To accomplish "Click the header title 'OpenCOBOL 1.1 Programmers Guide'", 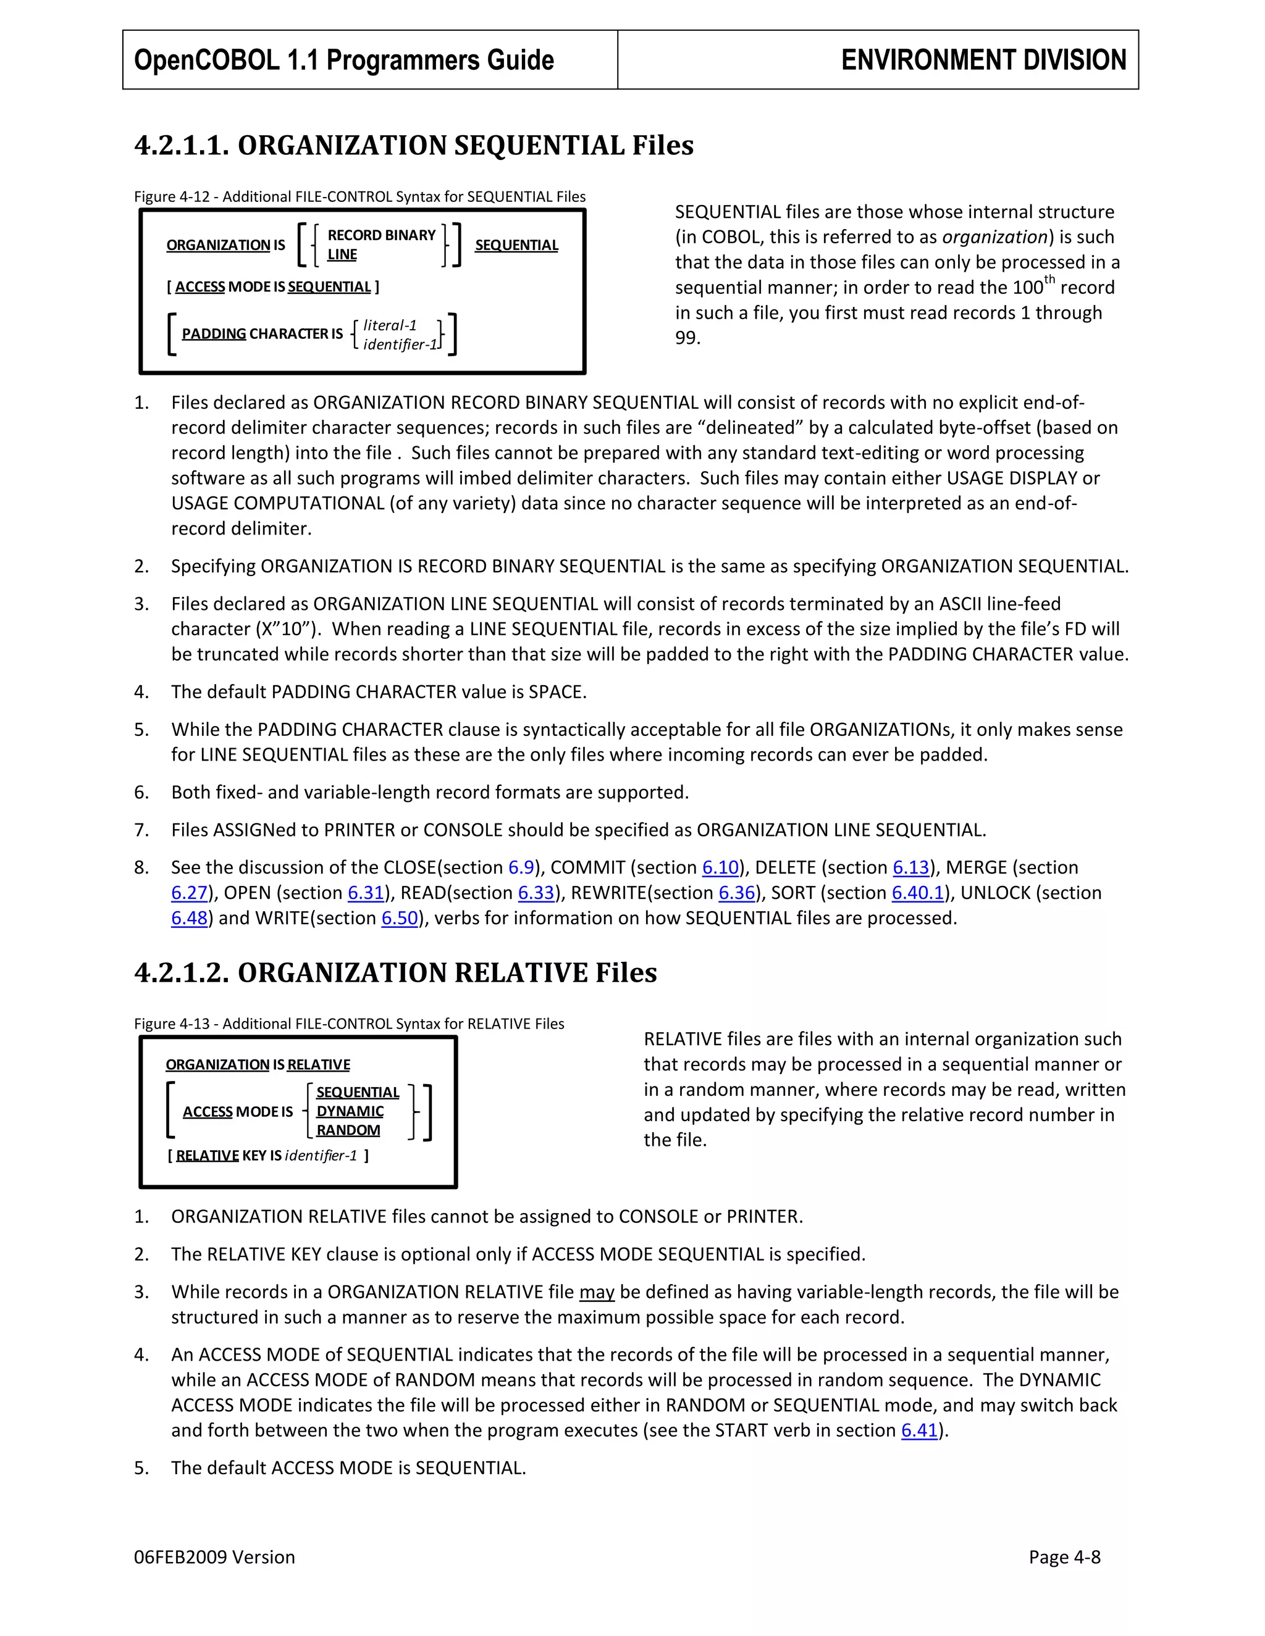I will (x=343, y=60).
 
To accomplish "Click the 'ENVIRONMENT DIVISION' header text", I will (x=983, y=60).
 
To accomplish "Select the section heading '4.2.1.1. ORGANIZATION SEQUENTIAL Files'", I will (x=414, y=145).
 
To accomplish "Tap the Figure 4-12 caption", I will (x=359, y=197).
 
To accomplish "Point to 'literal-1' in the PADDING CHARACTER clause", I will (x=390, y=325).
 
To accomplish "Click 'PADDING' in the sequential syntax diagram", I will (x=214, y=334).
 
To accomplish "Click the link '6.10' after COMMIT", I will (x=720, y=867).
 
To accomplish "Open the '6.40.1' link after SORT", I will (x=917, y=893).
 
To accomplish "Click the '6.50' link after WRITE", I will (x=400, y=919).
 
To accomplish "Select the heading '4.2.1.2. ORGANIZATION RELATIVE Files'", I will (x=395, y=973).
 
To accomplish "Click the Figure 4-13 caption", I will (x=349, y=1024).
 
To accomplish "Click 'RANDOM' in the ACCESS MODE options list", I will (x=348, y=1130).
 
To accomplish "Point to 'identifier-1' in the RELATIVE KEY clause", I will (x=321, y=1156).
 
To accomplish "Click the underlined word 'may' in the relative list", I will (x=597, y=1292).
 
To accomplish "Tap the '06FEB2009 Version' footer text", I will (x=214, y=1558).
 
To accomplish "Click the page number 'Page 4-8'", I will (x=1064, y=1558).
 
